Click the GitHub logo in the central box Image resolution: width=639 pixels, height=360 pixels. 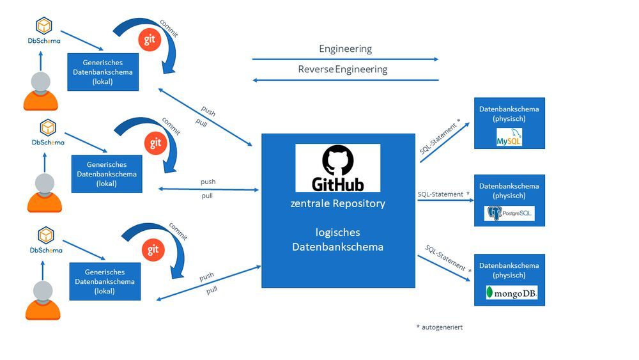coord(337,168)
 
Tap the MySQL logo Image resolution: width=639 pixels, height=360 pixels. coord(509,137)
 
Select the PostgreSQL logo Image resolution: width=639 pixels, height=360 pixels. coord(509,213)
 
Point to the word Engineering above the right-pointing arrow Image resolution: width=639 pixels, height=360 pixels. coord(345,49)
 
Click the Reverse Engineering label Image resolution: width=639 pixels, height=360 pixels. coord(343,69)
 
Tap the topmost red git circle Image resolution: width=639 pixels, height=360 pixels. coord(150,40)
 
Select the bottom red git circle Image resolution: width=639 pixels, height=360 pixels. coord(153,249)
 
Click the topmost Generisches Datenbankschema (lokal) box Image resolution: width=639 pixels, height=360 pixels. coord(103,72)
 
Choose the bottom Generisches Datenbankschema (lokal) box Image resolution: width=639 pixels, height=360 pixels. coord(105,281)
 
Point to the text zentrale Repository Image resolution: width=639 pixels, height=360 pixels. coord(337,204)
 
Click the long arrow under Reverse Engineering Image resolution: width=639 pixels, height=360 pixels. coord(345,80)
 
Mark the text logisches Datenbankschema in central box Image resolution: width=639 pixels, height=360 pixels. coord(337,239)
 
